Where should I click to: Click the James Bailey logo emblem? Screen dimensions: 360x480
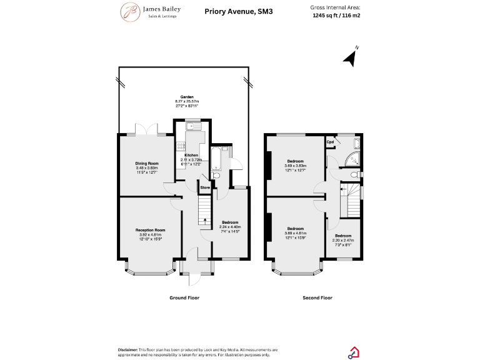coord(129,11)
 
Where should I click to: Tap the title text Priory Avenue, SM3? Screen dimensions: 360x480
coord(230,11)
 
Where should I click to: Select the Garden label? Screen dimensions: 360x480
coord(187,97)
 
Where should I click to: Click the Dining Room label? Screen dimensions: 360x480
coord(147,164)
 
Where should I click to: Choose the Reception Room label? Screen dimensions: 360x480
coord(150,230)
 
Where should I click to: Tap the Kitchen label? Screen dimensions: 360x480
coord(191,155)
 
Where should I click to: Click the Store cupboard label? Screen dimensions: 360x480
coord(205,187)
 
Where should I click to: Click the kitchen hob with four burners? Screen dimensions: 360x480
coord(181,147)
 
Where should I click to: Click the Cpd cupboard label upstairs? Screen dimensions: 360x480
coord(330,142)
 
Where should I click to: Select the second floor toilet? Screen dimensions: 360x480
coord(355,174)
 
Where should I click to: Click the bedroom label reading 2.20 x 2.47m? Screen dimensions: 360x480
coord(343,237)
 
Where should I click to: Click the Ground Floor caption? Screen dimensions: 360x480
coord(184,297)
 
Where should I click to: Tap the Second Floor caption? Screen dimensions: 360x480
coord(317,297)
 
